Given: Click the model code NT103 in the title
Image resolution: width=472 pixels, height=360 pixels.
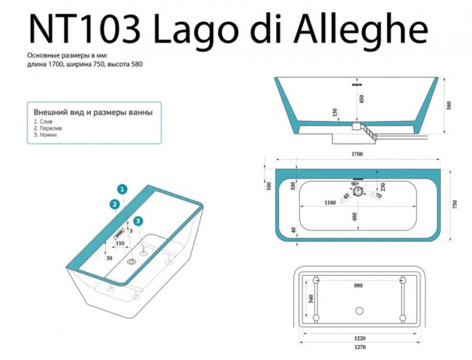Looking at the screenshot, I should [82, 30].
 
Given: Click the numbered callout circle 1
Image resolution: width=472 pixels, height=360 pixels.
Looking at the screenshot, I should [123, 189].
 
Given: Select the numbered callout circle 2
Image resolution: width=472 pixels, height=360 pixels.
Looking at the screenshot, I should [115, 204].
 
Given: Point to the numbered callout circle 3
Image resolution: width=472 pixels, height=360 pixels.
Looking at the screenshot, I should [138, 221].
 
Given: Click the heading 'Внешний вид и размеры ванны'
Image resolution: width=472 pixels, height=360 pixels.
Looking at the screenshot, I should [93, 112].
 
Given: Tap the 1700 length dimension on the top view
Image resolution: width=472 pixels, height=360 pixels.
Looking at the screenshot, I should [357, 155].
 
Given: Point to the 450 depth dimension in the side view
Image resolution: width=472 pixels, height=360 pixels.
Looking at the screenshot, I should [362, 99].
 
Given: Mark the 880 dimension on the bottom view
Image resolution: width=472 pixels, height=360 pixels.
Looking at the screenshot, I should [358, 286].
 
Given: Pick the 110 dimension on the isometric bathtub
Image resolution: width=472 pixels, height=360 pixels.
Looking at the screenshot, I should [121, 243].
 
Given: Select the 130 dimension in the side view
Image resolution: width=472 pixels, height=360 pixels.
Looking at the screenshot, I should [335, 113].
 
